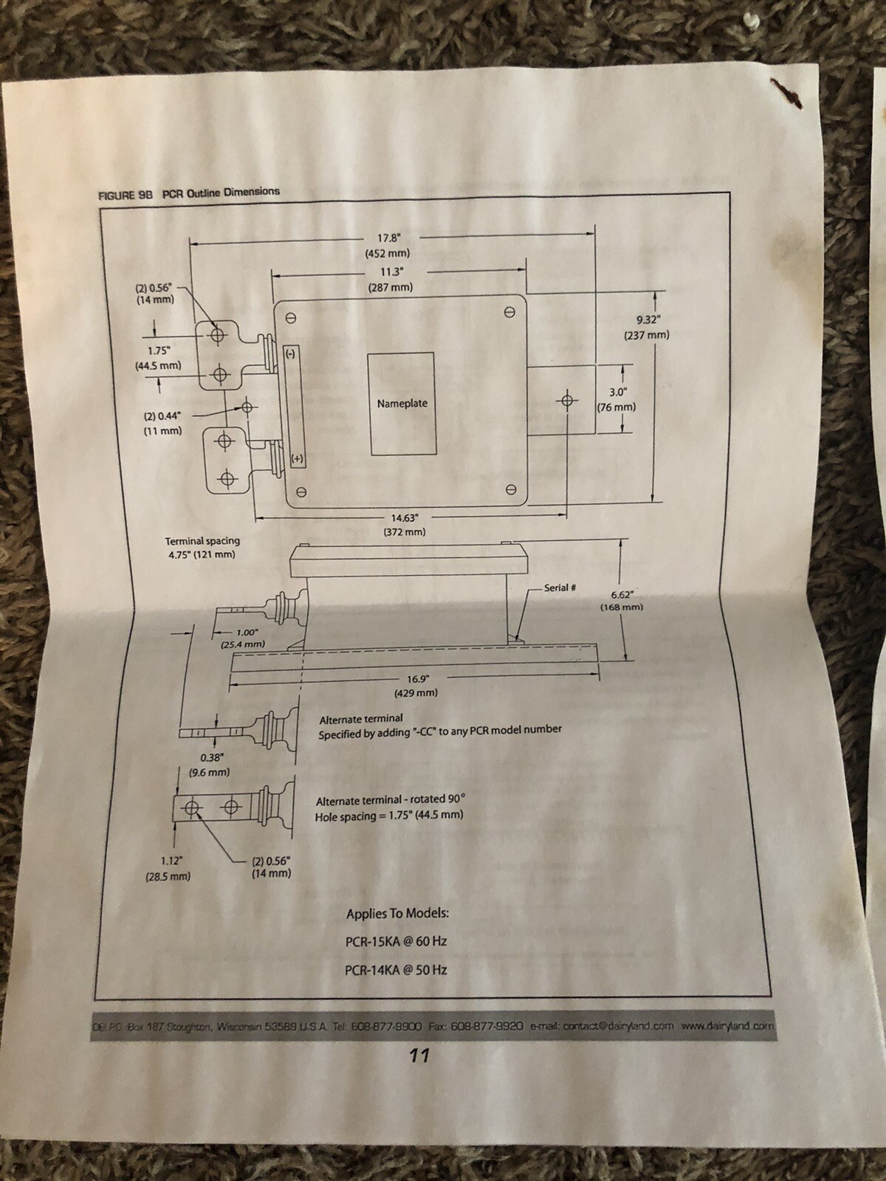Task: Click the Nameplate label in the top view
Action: (402, 403)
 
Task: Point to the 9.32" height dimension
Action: (647, 319)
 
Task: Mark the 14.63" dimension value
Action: (405, 517)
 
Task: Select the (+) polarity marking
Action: (298, 459)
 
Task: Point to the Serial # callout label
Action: (560, 587)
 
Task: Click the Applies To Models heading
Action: (397, 913)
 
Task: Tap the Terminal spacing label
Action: (202, 541)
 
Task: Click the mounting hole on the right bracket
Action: (566, 400)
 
